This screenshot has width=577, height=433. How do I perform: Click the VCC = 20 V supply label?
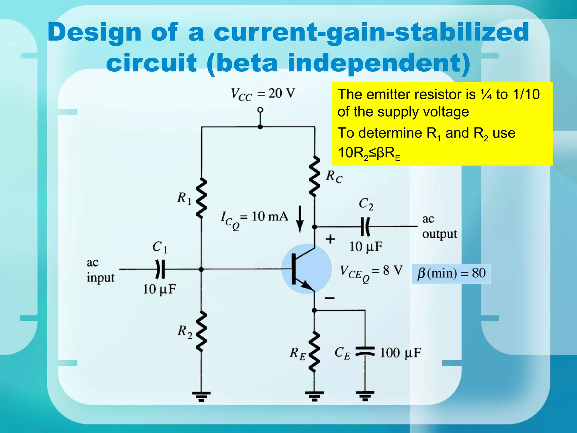click(x=263, y=94)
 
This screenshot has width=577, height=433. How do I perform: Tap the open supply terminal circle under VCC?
click(x=260, y=110)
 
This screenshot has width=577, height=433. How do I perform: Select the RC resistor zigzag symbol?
click(x=314, y=176)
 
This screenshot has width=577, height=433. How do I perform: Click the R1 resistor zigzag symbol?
click(x=201, y=198)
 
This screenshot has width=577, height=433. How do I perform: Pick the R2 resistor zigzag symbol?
click(x=201, y=331)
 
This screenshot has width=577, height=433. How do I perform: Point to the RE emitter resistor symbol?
click(x=314, y=352)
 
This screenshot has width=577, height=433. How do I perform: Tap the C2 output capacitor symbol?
click(x=365, y=226)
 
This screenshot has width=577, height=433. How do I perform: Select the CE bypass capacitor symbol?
click(x=365, y=352)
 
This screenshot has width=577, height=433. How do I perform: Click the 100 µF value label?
click(x=401, y=353)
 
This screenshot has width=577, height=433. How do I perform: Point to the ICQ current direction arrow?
click(x=300, y=219)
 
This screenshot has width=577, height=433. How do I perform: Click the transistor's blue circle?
click(x=307, y=269)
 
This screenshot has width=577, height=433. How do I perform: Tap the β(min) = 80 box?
click(x=451, y=273)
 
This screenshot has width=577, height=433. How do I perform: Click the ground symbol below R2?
click(x=201, y=396)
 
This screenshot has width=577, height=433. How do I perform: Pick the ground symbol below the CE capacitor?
click(x=365, y=396)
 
